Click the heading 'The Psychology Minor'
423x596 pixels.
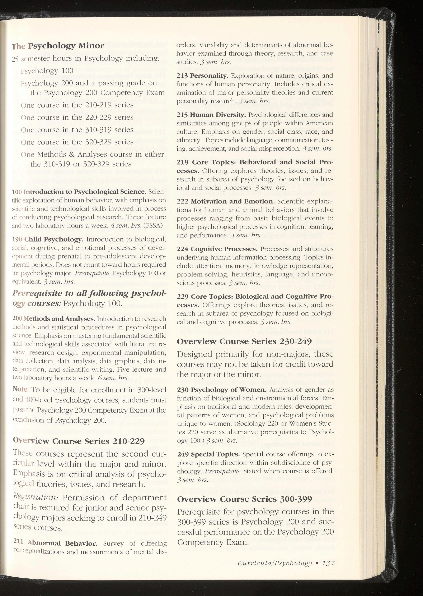tap(58, 46)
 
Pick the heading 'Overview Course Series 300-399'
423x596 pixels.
tap(244, 499)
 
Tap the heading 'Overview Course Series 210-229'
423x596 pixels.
tap(79, 441)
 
